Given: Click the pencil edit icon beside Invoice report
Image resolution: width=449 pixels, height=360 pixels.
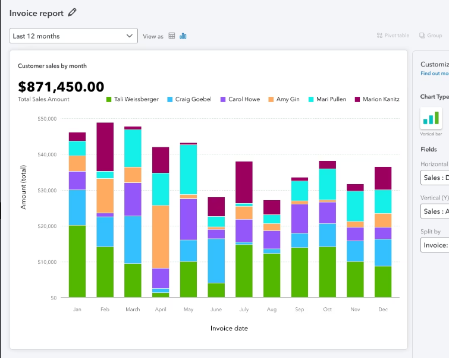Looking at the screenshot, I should click(x=73, y=12).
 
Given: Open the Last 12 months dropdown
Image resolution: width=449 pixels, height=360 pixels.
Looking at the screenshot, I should click(x=74, y=36).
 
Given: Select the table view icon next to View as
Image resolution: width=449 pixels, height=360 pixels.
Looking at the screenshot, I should click(x=172, y=36).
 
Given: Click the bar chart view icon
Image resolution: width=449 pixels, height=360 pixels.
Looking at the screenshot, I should click(x=183, y=36).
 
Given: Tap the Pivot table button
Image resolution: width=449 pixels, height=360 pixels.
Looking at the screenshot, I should click(x=393, y=36).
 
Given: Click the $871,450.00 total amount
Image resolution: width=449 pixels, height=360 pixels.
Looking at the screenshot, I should click(x=61, y=87).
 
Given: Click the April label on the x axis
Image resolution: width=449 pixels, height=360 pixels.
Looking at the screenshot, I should click(x=160, y=310).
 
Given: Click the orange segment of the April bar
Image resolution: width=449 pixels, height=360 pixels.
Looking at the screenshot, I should click(x=161, y=236).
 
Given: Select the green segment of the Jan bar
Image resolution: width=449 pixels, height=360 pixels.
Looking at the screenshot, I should click(x=77, y=261).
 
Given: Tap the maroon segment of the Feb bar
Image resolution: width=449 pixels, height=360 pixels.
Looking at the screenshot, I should click(x=105, y=147).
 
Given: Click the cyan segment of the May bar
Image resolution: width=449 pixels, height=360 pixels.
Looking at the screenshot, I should click(x=189, y=169).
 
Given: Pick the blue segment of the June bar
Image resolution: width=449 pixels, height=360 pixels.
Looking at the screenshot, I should click(x=216, y=260).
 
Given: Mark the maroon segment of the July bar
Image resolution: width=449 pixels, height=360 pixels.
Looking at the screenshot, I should click(x=244, y=182).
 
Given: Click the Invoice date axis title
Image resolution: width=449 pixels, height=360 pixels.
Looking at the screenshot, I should click(x=229, y=329).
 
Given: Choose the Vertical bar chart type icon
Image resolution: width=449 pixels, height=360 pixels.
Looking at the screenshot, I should click(x=431, y=118).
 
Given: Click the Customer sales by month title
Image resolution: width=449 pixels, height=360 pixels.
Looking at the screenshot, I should click(x=52, y=66).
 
